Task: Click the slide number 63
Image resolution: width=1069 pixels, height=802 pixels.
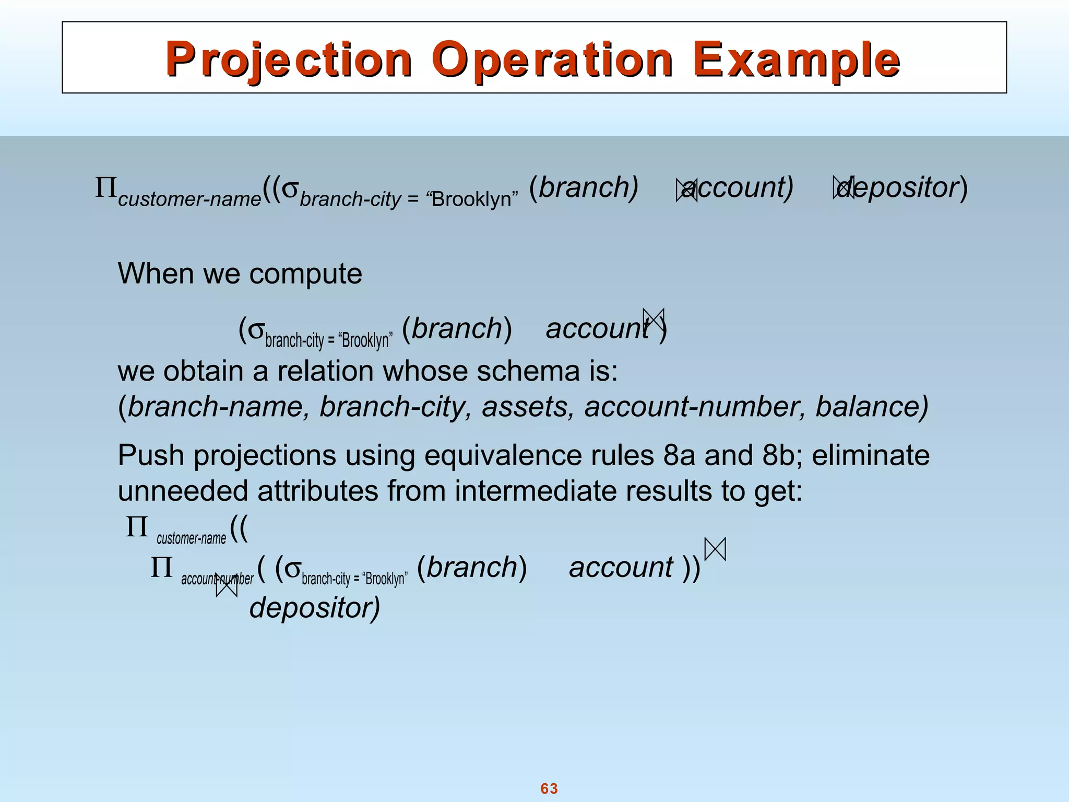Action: [x=549, y=788]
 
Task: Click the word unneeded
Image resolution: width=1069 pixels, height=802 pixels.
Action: [x=183, y=491]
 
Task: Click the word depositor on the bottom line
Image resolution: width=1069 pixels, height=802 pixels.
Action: [x=315, y=608]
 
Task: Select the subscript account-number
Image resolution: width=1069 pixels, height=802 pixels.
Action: [x=217, y=579]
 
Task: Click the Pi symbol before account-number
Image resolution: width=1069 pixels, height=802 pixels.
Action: [x=161, y=568]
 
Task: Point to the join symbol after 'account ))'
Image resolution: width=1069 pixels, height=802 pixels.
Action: [x=715, y=549]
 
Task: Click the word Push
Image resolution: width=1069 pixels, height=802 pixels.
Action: [x=151, y=455]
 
